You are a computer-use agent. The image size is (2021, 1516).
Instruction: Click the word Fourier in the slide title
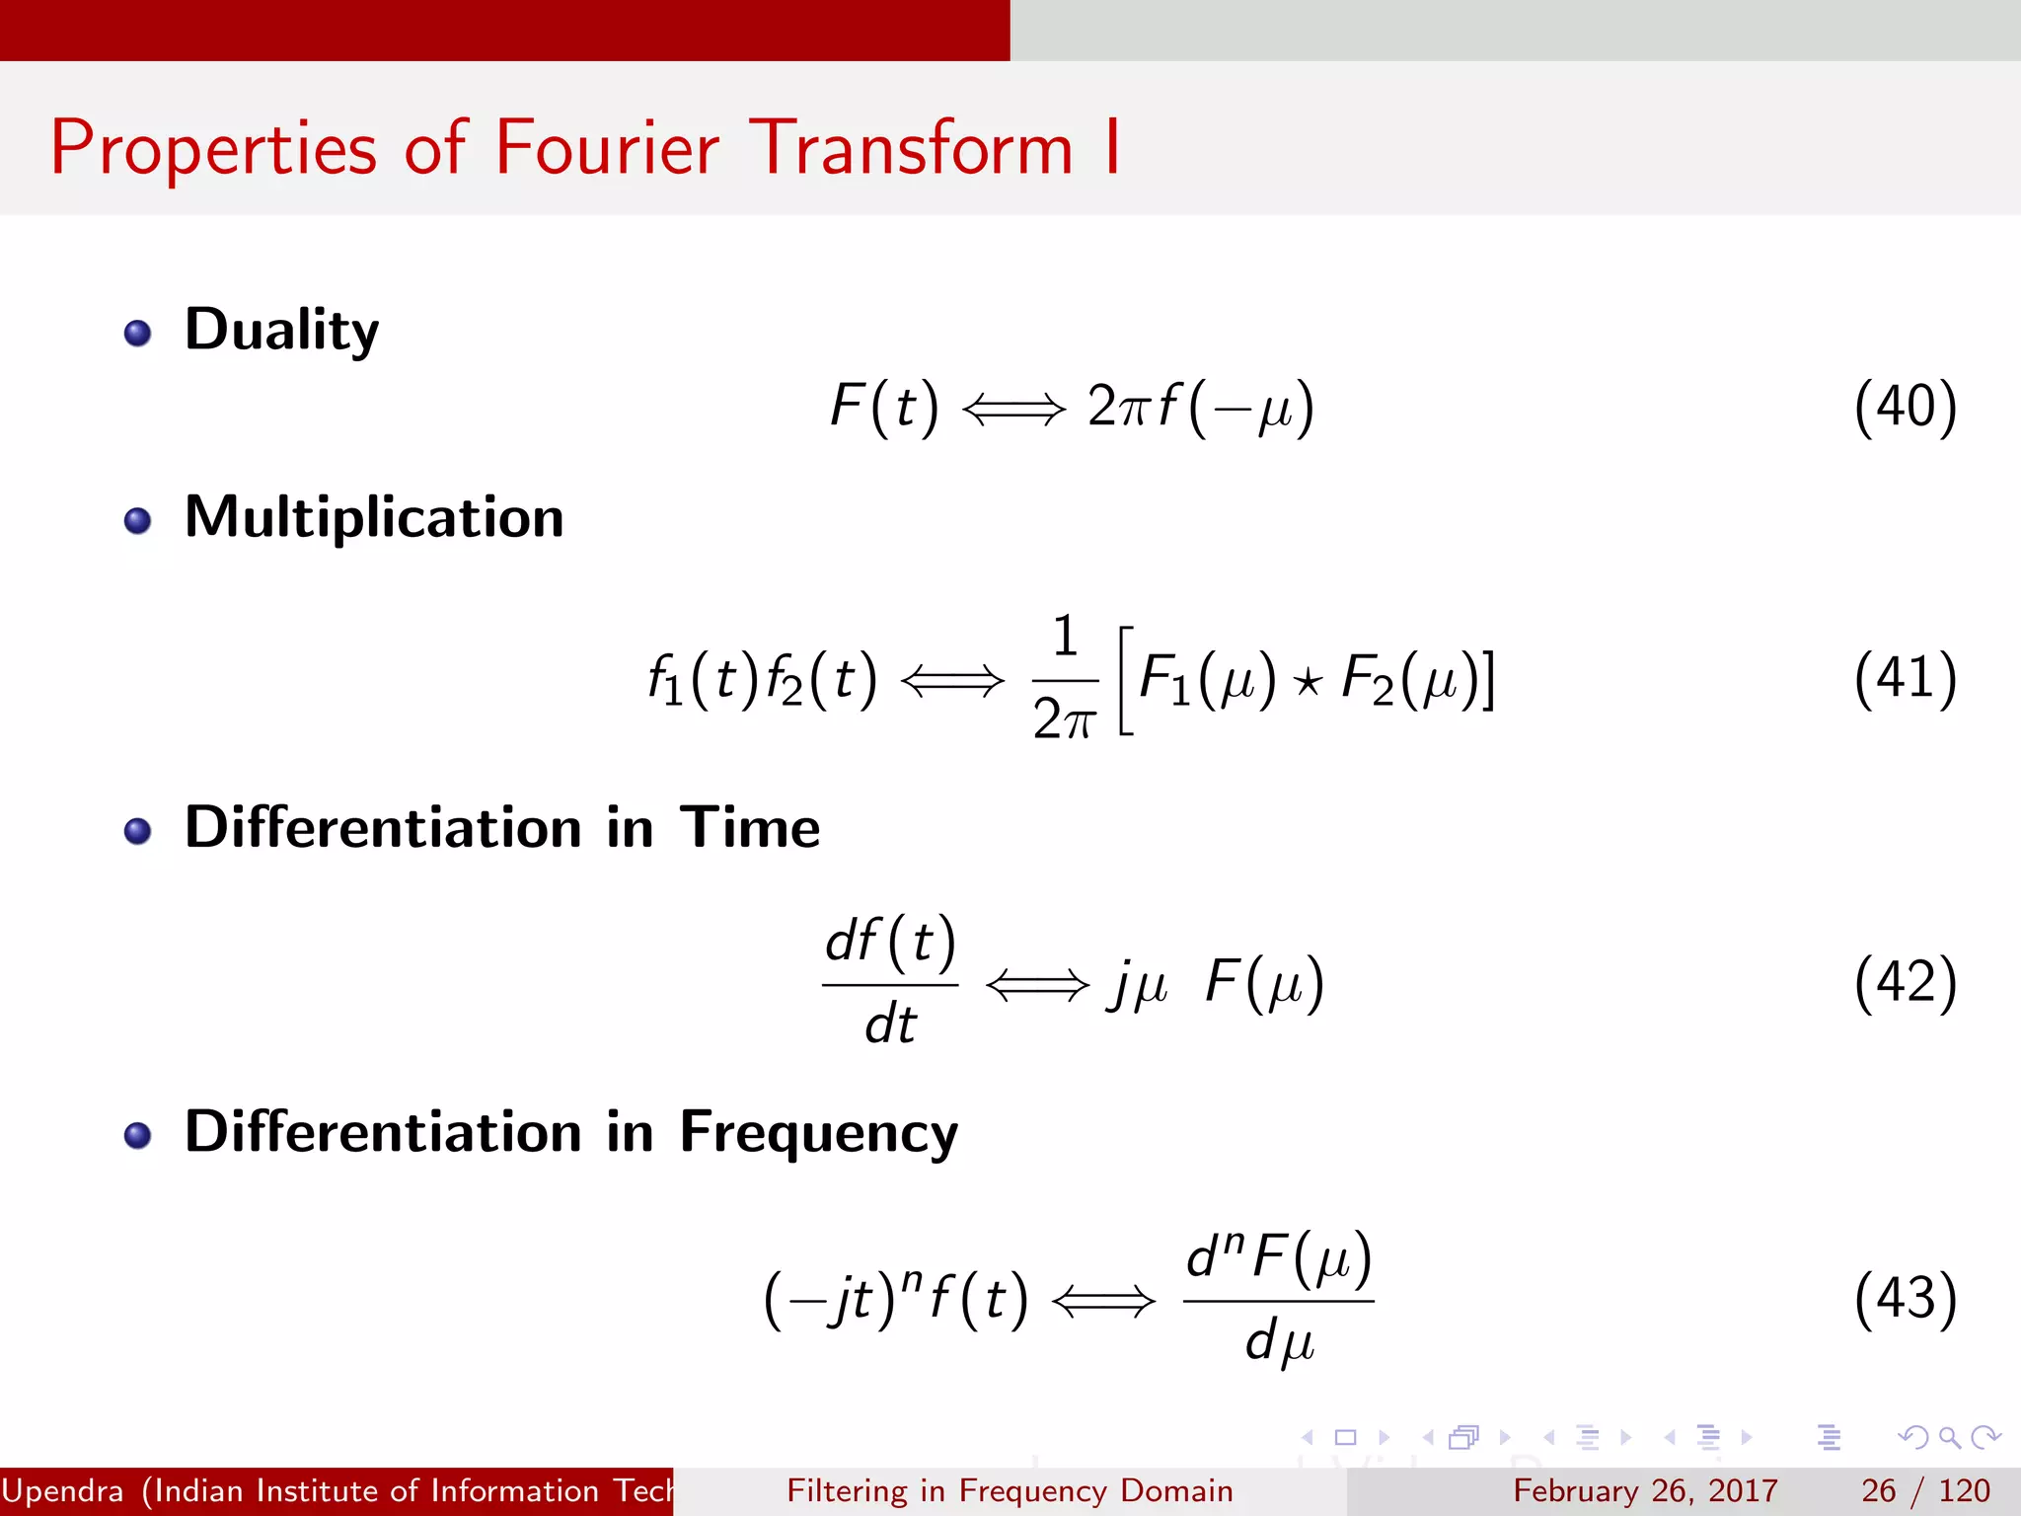point(606,149)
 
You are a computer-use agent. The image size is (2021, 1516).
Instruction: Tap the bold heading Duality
point(281,330)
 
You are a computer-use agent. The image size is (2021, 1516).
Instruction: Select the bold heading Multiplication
point(374,517)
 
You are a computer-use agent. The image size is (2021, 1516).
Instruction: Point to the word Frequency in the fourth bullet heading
point(818,1132)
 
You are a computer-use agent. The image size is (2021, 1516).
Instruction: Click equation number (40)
point(1905,407)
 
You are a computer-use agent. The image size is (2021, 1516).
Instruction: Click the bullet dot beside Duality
point(138,333)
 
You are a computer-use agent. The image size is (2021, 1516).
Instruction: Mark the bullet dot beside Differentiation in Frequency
point(138,1135)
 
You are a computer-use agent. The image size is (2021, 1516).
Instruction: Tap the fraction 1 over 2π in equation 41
point(1064,679)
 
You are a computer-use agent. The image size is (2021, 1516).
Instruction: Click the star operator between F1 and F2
point(1308,682)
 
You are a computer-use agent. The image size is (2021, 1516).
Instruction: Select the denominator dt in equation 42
point(890,1024)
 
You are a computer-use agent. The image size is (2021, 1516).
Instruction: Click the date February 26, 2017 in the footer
point(1645,1490)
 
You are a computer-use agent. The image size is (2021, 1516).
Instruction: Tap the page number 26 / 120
point(1924,1490)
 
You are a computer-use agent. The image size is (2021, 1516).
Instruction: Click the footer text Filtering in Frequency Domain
point(1010,1490)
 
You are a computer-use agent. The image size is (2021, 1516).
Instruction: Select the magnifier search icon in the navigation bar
point(1949,1437)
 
